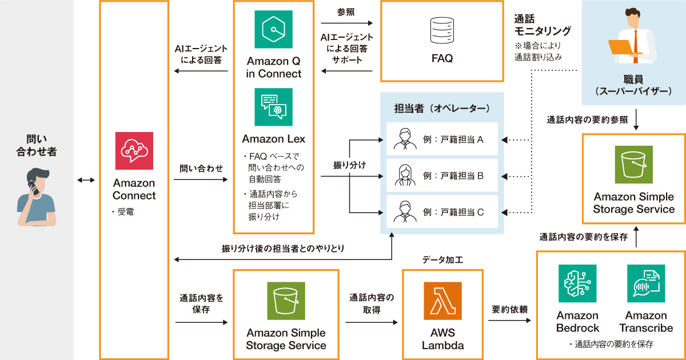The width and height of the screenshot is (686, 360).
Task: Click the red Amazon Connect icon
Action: point(134,151)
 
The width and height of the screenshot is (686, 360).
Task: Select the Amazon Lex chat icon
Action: point(273,107)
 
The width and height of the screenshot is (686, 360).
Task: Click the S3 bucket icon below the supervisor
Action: point(633,165)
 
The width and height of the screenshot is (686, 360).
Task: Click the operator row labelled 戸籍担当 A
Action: point(442,139)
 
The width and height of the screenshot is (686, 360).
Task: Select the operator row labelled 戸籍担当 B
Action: point(442,175)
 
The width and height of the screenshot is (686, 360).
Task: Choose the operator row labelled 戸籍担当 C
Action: point(442,212)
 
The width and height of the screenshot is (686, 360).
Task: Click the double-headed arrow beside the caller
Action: point(86,181)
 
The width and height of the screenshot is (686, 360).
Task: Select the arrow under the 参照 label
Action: point(346,23)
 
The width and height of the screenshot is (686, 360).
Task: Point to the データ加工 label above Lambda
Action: point(442,260)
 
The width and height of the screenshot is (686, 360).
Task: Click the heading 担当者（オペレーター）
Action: point(442,108)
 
